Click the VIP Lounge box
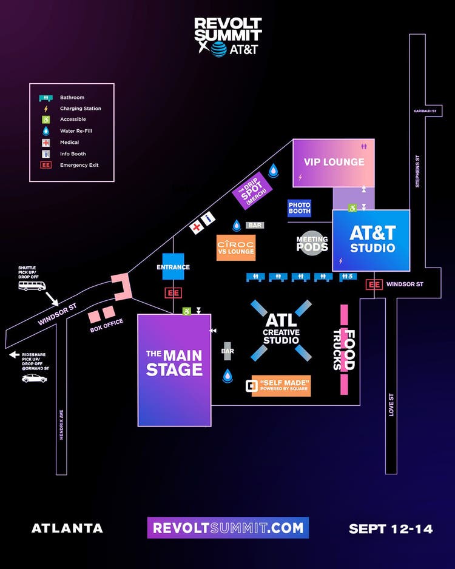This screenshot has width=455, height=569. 334,162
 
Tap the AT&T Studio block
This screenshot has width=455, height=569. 371,240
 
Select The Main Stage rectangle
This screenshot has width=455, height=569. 174,369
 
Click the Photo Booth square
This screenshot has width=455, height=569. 299,208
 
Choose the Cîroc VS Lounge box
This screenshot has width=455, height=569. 236,247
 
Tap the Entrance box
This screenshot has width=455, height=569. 173,267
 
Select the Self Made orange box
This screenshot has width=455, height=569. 281,386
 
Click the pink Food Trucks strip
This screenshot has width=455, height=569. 344,349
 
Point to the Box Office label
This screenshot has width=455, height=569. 106,322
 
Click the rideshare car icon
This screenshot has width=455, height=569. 34,378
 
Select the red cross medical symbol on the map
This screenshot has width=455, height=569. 196,227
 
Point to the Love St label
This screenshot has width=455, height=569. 391,405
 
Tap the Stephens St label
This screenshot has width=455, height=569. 417,172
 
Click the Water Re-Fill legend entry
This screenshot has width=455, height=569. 76,131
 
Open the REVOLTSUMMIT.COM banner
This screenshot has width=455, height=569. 227,528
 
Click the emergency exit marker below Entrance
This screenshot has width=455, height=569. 174,293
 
